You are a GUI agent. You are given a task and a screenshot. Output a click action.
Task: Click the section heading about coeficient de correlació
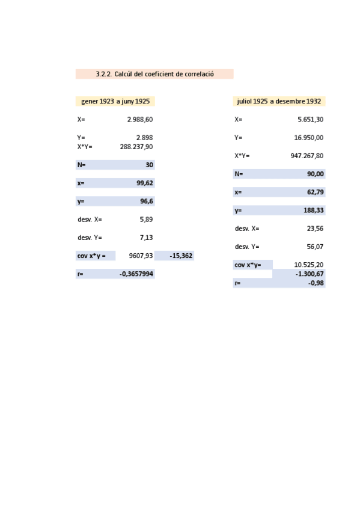[x=154, y=74]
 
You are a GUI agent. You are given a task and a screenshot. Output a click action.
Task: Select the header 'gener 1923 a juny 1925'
[x=115, y=102]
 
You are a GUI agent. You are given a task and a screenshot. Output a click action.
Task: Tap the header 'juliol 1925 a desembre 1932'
[x=279, y=102]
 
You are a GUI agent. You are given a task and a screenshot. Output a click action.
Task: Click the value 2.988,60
[x=140, y=120]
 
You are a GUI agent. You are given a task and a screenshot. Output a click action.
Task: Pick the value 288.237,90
[x=136, y=147]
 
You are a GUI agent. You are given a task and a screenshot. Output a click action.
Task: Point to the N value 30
[x=149, y=165]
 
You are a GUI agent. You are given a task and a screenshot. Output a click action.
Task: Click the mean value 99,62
[x=145, y=183]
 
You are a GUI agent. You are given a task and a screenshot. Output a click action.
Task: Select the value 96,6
[x=147, y=201]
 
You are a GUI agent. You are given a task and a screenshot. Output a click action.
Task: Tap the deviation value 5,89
[x=146, y=220]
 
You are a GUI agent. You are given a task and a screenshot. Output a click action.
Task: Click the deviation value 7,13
[x=146, y=238]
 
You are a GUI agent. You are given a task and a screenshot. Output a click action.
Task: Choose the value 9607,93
[x=141, y=256]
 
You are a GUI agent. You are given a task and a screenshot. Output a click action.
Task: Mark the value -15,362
[x=181, y=256]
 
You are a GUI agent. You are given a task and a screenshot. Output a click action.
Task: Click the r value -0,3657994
[x=136, y=274]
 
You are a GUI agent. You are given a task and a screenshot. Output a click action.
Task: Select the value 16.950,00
[x=308, y=138]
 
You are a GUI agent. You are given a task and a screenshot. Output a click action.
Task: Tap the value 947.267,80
[x=307, y=156]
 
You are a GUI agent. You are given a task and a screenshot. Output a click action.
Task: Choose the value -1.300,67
[x=310, y=274]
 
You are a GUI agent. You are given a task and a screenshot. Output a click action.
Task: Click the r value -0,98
[x=316, y=283]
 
